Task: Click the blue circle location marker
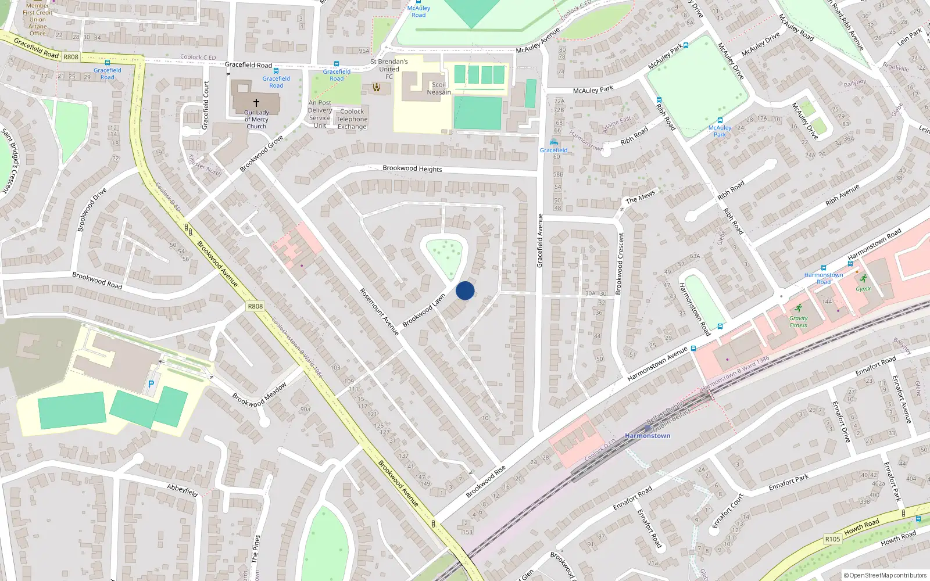pos(465,290)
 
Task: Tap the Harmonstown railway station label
pos(648,436)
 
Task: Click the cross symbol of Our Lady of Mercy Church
pos(256,102)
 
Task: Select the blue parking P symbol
pos(151,384)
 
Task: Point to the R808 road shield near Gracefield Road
pos(71,57)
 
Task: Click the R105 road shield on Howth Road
pos(832,539)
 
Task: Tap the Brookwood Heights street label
pos(412,168)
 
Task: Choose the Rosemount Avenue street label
pos(379,311)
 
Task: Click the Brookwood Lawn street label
pos(424,310)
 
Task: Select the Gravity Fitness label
pos(798,322)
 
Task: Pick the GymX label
pos(863,289)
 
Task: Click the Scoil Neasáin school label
pos(439,88)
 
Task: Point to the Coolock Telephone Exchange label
pos(352,119)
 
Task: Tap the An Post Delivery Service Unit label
pos(320,114)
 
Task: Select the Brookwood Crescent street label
pos(621,263)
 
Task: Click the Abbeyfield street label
pos(183,490)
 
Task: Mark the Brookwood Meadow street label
pos(259,394)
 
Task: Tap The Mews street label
pos(640,197)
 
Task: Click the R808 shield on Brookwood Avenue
pos(255,306)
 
